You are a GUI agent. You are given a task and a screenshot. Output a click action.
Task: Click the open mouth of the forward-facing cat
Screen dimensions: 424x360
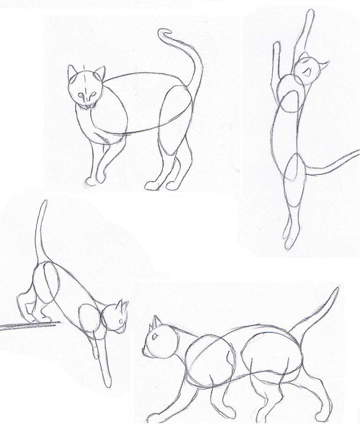(x=90, y=105)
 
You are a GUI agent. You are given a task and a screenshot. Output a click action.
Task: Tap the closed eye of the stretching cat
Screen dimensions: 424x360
(x=308, y=71)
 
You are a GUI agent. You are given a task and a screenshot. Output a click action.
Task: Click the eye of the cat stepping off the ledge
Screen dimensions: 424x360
(x=121, y=321)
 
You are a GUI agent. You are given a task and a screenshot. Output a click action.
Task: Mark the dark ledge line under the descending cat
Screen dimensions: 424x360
(x=27, y=327)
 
